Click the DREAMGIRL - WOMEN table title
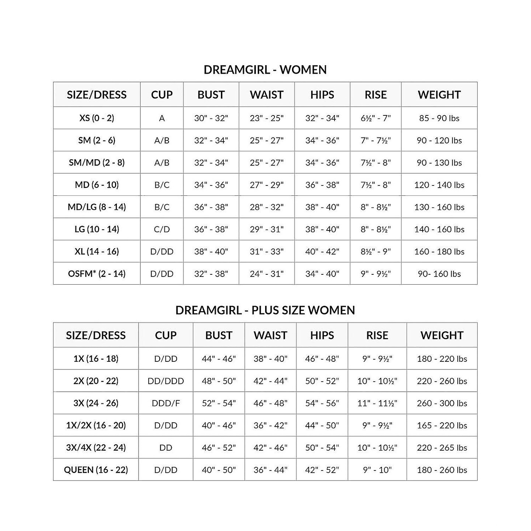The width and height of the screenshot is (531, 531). click(x=265, y=70)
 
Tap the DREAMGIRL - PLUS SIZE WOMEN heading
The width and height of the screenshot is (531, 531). click(x=265, y=310)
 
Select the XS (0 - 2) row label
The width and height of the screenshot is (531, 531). click(x=97, y=118)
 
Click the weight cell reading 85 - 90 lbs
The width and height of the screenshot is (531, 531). click(x=439, y=118)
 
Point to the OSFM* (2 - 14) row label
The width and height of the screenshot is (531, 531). click(x=97, y=274)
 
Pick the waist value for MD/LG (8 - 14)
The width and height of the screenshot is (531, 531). click(x=267, y=207)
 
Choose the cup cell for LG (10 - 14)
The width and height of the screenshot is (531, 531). click(x=162, y=229)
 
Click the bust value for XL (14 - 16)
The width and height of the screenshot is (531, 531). click(x=211, y=251)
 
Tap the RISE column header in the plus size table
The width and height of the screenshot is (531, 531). click(x=377, y=335)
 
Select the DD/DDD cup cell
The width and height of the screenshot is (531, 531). click(x=166, y=381)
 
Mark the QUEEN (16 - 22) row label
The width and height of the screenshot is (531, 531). click(x=96, y=470)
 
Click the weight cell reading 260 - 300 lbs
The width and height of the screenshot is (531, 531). click(x=442, y=403)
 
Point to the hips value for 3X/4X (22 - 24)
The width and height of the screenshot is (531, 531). click(x=322, y=448)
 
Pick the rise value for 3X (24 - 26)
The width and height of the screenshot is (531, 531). click(x=377, y=403)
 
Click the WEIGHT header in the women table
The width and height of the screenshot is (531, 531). click(x=439, y=95)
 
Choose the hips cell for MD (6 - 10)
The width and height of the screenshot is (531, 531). click(x=322, y=185)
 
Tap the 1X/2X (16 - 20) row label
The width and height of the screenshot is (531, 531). click(x=96, y=426)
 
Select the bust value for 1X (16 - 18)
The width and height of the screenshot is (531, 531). click(x=219, y=359)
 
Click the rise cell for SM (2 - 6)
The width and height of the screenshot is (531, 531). click(x=375, y=140)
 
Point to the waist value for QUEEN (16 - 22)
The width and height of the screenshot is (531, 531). click(x=270, y=470)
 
